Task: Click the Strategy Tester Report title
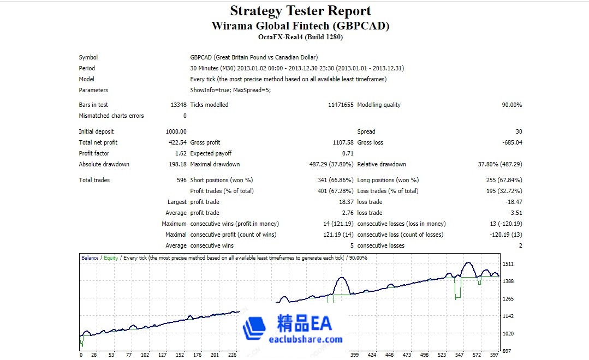(x=300, y=11)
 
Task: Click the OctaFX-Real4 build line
(x=300, y=37)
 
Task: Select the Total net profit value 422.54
(x=176, y=142)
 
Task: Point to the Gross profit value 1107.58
(x=342, y=142)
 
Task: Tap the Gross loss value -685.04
(x=510, y=142)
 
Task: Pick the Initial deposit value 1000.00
(x=176, y=131)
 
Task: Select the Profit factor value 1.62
(x=181, y=153)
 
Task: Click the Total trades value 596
(x=181, y=180)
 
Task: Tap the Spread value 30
(x=519, y=131)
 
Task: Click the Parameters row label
(x=93, y=90)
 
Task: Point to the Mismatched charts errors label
(x=111, y=116)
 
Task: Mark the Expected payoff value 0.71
(x=348, y=153)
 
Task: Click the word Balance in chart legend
(x=90, y=258)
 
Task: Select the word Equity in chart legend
(x=111, y=258)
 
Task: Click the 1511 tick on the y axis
(x=508, y=264)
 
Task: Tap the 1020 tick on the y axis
(x=508, y=334)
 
